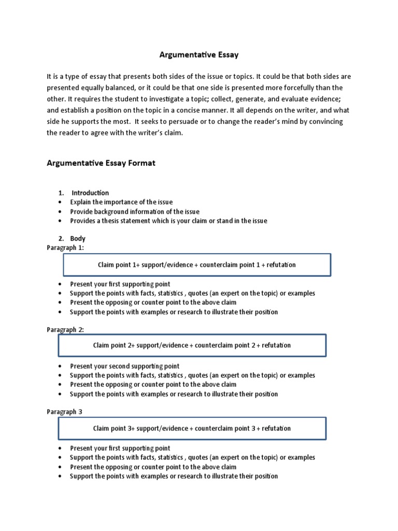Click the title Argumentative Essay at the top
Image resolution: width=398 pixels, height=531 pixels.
coord(198,54)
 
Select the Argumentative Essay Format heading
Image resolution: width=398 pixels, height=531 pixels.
coord(101,163)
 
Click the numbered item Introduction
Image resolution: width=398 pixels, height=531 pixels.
coord(90,193)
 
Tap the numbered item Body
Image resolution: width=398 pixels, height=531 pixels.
coord(78,239)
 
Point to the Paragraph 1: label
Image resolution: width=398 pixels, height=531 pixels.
coord(65,248)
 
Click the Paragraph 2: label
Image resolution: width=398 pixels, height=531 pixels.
coord(65,330)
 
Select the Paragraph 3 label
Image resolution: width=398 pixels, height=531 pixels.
coord(64,412)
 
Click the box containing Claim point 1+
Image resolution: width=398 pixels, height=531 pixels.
coord(197,265)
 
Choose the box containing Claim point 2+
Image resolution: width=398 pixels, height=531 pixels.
coord(192,345)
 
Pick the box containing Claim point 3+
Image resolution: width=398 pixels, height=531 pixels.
coord(192,428)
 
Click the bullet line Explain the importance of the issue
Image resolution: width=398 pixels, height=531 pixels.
coord(121,202)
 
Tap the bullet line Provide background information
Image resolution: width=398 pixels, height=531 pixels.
coord(135,212)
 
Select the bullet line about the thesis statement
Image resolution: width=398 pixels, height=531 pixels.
coord(169,221)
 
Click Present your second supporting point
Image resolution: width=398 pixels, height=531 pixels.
coord(124,366)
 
